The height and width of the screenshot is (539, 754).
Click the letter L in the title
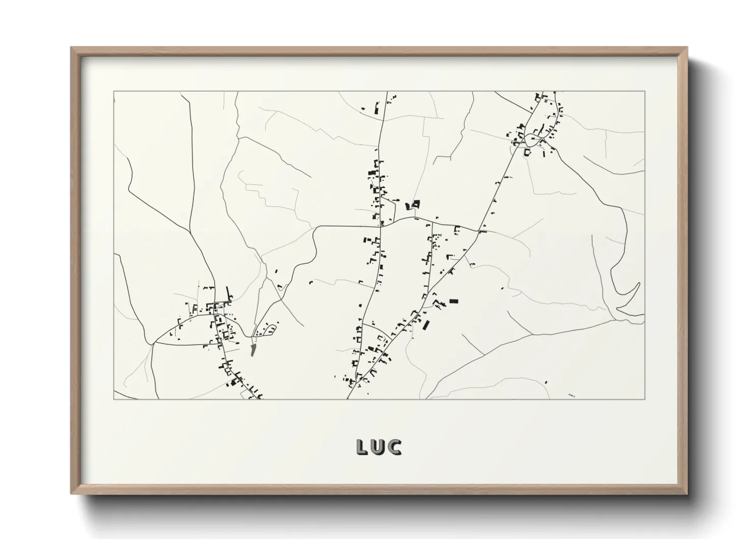pos(362,447)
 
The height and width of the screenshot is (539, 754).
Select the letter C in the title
pos(395,447)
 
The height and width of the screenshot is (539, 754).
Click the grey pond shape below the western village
pos(253,349)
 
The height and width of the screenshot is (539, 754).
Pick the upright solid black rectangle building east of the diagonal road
pos(453,302)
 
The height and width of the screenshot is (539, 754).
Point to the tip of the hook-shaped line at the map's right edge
pos(638,283)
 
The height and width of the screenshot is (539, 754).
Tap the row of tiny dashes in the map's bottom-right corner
pos(571,394)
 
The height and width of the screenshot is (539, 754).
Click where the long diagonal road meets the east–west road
pos(479,231)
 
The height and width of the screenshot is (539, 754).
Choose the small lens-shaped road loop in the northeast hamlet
pos(527,151)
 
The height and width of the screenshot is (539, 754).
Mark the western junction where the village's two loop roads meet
pos(154,342)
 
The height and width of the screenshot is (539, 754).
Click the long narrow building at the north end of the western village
pos(228,293)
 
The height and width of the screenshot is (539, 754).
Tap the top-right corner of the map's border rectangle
pos(644,92)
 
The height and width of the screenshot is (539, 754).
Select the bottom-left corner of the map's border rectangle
pos(114,398)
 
